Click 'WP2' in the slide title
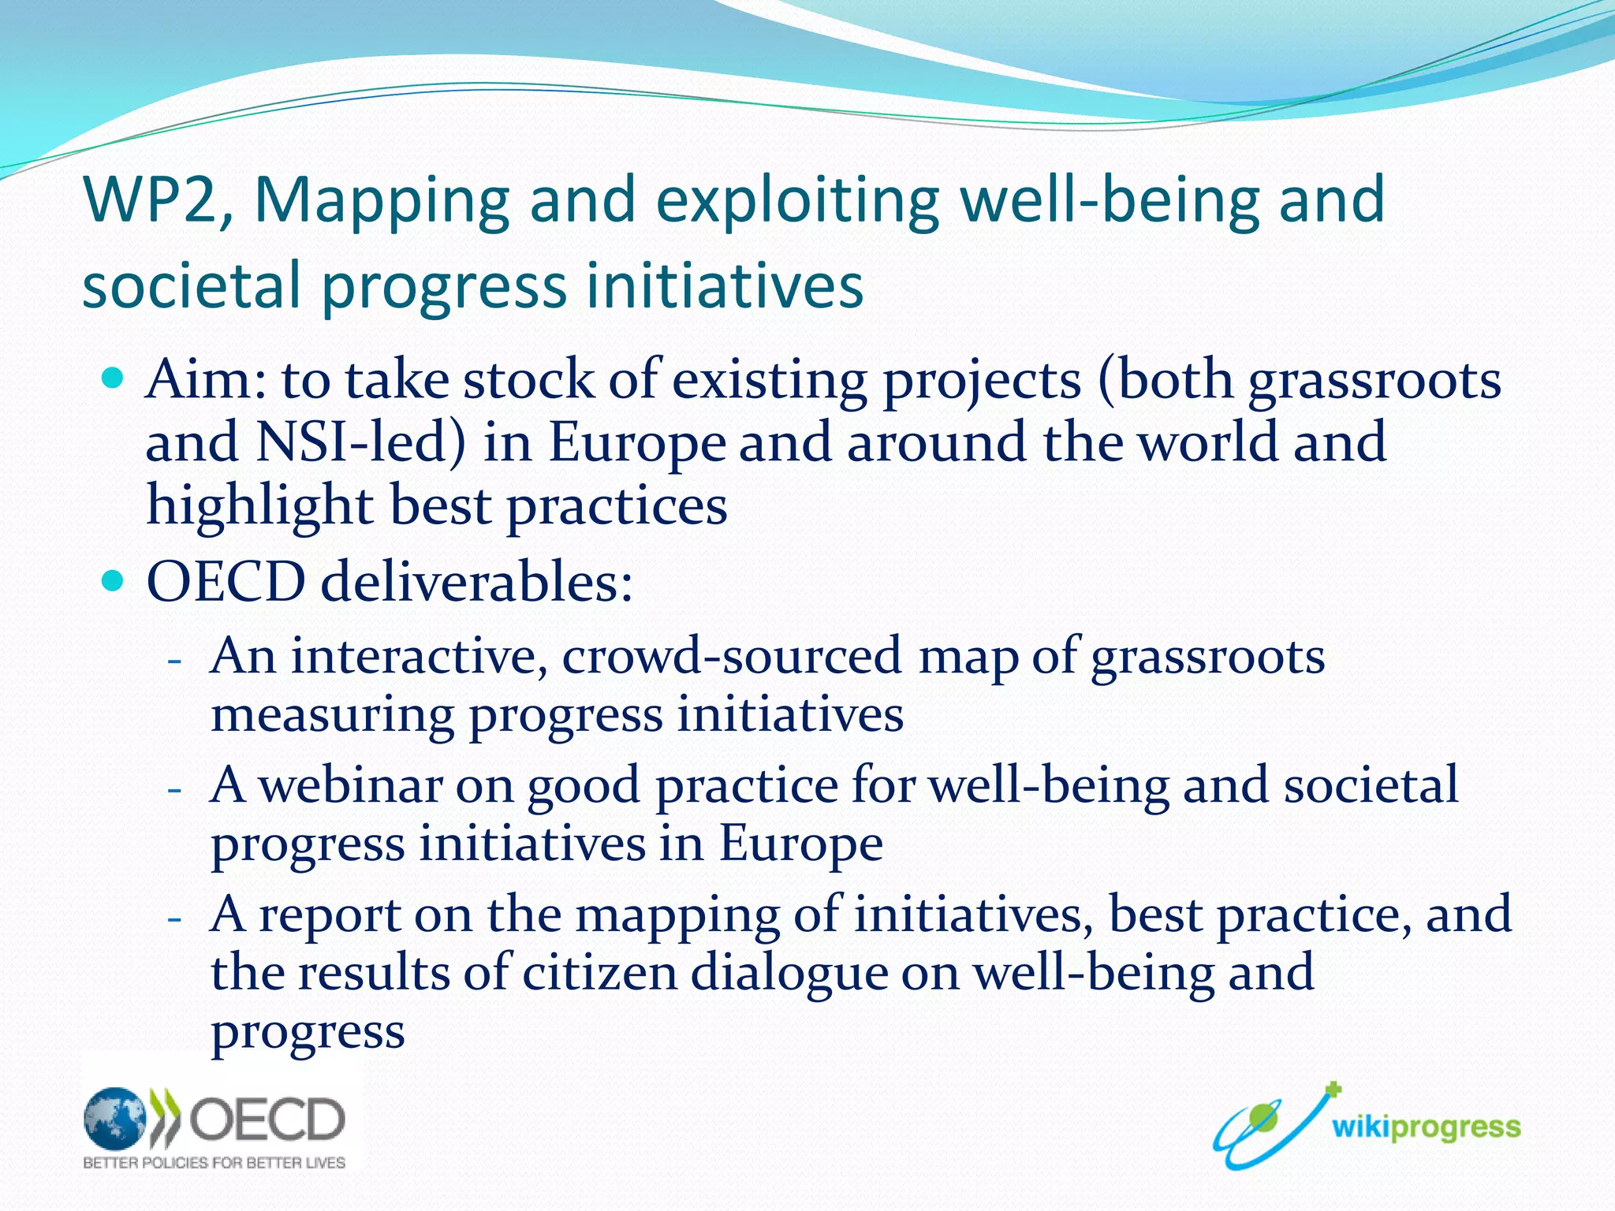pos(149,200)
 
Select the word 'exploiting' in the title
pos(796,200)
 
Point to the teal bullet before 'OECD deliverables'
pos(113,582)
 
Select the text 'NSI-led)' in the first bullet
pos(360,442)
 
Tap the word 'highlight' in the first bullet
pos(259,505)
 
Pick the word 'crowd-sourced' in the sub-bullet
pos(731,656)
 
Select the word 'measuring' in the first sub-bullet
pos(332,715)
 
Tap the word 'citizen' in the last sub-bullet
pos(599,972)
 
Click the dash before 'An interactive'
pos(175,660)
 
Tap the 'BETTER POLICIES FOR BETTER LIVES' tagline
pos(214,1162)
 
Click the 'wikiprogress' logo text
pos(1426,1127)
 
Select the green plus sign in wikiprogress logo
pos(1333,1090)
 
